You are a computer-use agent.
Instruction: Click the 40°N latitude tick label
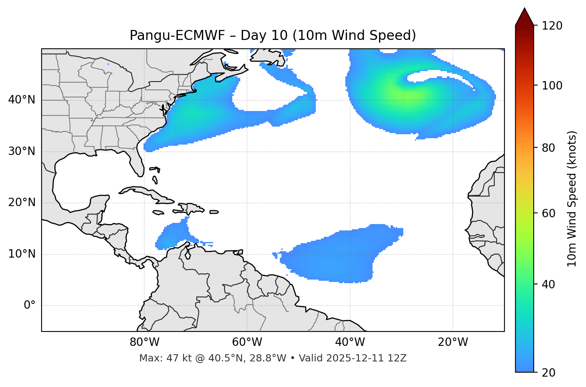click(x=22, y=100)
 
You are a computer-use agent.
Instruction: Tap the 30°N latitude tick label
click(x=22, y=151)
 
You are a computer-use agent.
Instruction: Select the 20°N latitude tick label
click(x=22, y=202)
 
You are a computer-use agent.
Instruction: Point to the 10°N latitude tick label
click(x=22, y=254)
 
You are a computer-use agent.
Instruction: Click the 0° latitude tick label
click(x=30, y=306)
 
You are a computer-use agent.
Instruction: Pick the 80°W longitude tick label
click(x=144, y=342)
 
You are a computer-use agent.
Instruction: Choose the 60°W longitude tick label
click(x=247, y=342)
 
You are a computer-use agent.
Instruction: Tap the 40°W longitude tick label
click(x=350, y=342)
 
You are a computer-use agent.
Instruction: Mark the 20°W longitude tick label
click(x=453, y=342)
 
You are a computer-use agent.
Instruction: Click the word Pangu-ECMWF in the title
click(x=177, y=36)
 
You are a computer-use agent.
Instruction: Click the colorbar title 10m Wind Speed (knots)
click(x=572, y=199)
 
